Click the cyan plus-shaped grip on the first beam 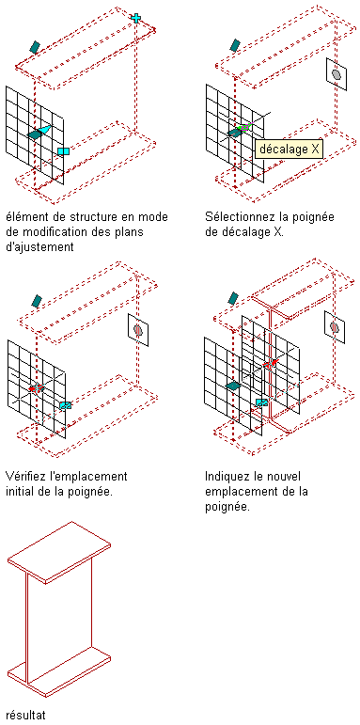136,18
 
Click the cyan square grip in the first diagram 63,151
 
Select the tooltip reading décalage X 289,150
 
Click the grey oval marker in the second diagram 337,74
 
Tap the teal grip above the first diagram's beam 35,47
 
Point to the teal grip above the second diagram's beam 235,45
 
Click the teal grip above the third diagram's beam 37,301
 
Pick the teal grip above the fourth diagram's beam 233,298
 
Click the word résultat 26,715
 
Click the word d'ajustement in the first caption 39,247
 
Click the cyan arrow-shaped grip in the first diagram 44,131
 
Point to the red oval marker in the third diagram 137,329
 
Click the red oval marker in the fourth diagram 335,327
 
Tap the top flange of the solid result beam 59,552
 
